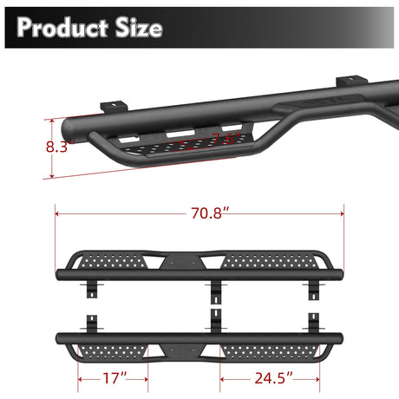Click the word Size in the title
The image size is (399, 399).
click(136, 28)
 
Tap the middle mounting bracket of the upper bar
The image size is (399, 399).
click(214, 291)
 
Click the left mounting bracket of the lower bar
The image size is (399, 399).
click(90, 323)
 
